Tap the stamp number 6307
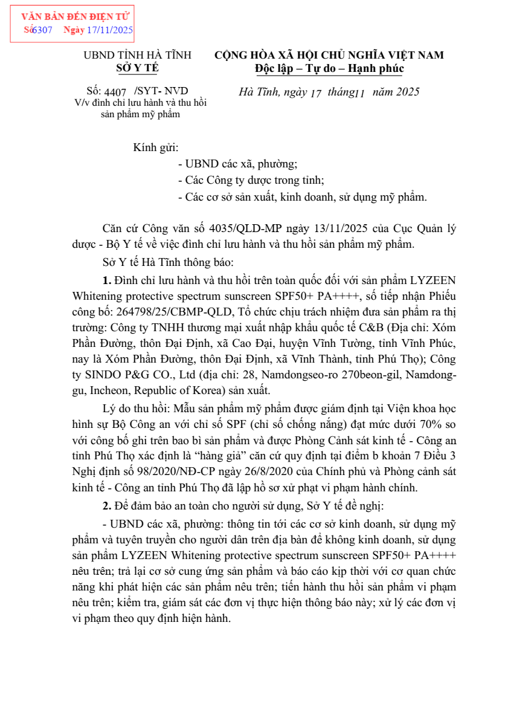point(42,30)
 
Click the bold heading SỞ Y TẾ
point(137,68)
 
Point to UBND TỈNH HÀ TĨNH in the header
point(137,55)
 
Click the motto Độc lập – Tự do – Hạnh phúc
point(329,68)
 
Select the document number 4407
point(115,92)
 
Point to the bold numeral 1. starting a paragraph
point(108,280)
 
